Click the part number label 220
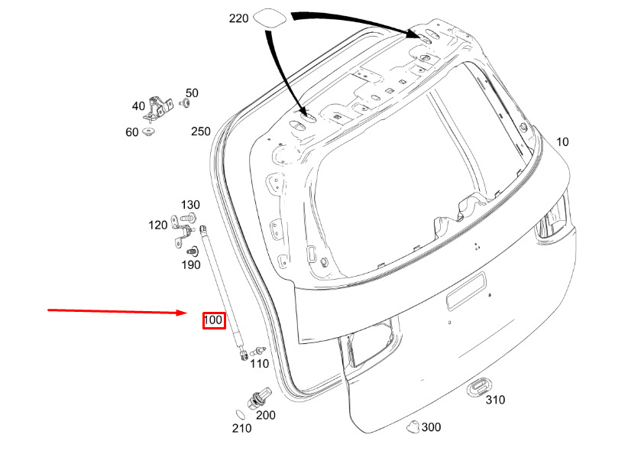(238, 18)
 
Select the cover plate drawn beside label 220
(270, 18)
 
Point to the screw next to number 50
(185, 103)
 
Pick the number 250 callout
(201, 131)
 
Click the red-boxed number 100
(213, 320)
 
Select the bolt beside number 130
(188, 219)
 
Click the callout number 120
(158, 226)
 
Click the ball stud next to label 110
(257, 352)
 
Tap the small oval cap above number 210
(240, 414)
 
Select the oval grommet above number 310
(479, 388)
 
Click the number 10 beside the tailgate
(562, 142)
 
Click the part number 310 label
(495, 400)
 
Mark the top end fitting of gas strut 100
(202, 229)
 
